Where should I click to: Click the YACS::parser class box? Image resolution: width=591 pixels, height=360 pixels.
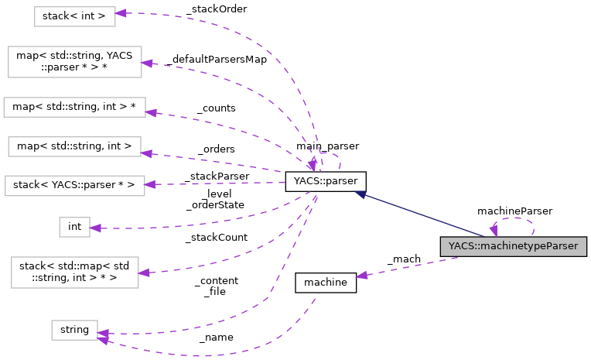pos(325,182)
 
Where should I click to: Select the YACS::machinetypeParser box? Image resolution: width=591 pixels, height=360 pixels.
pos(514,247)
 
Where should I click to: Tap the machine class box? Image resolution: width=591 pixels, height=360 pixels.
pos(326,283)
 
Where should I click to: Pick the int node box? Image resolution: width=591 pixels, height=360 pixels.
pos(75,227)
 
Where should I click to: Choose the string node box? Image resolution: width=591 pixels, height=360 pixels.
pos(74,330)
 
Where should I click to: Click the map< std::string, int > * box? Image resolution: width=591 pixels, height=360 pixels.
pos(74,107)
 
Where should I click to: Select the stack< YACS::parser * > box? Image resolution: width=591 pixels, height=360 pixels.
pos(74,185)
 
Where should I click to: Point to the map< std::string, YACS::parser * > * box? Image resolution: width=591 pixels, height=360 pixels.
pos(74,62)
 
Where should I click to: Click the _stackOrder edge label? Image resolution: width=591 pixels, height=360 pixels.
pos(216,9)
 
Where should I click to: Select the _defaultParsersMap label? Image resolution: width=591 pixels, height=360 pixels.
pos(215,60)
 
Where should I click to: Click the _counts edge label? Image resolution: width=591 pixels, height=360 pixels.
pos(216,108)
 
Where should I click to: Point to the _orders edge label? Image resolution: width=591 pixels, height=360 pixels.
pos(216,149)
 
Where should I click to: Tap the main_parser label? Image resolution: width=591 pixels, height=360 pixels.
pos(326,146)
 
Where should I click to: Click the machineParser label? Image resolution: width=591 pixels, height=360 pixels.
pos(514,210)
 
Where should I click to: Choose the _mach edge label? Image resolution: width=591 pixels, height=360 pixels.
pos(403,259)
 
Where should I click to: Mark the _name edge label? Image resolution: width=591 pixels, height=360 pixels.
pos(216,338)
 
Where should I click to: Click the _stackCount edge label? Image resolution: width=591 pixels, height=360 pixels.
pos(216,238)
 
